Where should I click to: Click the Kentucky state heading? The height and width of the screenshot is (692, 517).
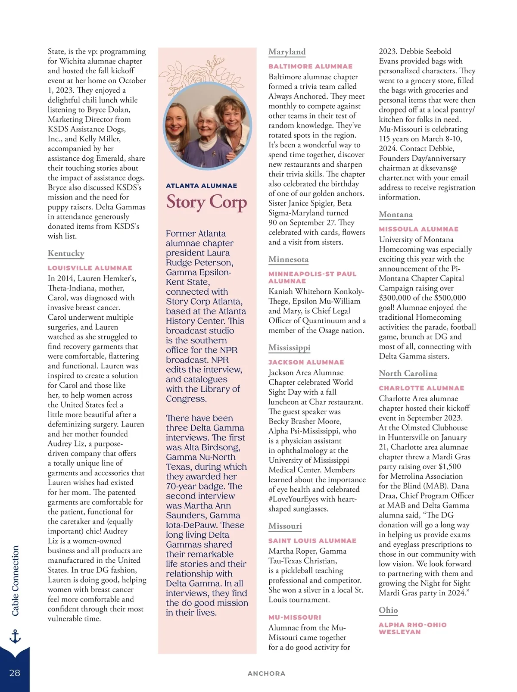(x=66, y=253)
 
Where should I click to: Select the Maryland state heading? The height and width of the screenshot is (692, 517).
(x=287, y=52)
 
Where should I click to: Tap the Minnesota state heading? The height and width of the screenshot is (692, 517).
(x=288, y=259)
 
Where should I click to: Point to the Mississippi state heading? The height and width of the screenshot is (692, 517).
(x=289, y=348)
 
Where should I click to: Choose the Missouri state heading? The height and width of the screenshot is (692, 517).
(x=285, y=526)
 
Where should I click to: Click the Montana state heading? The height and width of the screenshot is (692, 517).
(x=396, y=215)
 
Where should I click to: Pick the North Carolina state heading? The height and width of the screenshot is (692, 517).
(x=408, y=374)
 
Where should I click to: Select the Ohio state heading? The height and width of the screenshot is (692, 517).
(x=388, y=610)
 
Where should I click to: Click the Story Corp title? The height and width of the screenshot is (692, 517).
(x=206, y=202)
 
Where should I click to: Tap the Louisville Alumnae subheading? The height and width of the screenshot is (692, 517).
(x=90, y=268)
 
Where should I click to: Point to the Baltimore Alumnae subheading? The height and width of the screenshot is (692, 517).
(x=310, y=66)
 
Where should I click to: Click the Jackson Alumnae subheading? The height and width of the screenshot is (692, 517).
(x=306, y=362)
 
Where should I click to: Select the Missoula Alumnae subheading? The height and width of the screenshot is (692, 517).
(x=418, y=229)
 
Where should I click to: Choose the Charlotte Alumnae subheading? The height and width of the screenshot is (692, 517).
(x=421, y=388)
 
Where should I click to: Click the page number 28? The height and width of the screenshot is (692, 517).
(x=15, y=673)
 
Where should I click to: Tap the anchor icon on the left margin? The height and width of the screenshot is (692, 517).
(x=15, y=636)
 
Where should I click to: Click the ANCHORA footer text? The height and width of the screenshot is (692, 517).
(x=266, y=673)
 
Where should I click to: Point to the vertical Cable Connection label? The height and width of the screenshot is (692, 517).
(x=16, y=580)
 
